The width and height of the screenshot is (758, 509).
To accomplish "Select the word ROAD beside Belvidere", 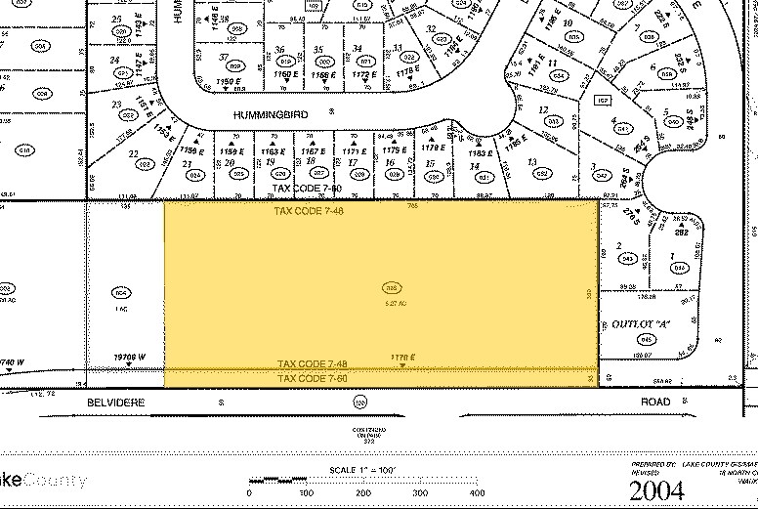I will click(x=656, y=402).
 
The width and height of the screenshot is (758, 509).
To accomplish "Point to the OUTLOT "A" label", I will click(x=636, y=324).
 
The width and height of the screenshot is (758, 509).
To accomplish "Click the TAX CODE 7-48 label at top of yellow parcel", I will click(x=310, y=210).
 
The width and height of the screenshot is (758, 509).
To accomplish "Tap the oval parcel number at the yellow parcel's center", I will click(x=392, y=288).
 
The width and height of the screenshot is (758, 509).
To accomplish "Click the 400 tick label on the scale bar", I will click(x=477, y=492).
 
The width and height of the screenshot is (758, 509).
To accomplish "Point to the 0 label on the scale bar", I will click(x=249, y=492).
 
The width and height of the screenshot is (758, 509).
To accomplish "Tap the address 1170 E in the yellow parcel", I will click(x=403, y=358).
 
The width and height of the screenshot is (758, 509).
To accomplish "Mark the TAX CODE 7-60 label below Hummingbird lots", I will click(x=307, y=187).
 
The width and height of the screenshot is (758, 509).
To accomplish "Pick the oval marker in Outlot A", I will click(x=646, y=340).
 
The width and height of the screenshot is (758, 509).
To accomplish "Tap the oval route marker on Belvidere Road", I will click(x=361, y=402).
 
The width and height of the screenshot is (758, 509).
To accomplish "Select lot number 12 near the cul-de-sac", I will click(x=543, y=110).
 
